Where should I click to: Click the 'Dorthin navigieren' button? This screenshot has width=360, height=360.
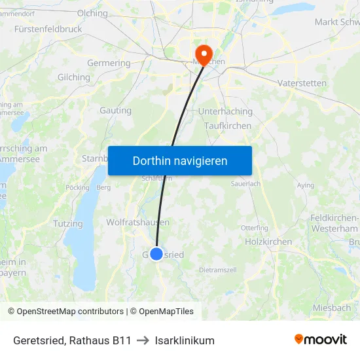(180, 160)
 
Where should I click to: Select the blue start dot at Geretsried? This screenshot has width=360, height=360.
(156, 254)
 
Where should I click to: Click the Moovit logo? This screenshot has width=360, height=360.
(320, 340)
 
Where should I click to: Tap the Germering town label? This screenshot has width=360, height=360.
(109, 63)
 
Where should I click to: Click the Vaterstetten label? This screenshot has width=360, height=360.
(302, 83)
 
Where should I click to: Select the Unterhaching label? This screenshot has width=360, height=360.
(225, 112)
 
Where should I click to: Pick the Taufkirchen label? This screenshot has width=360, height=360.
(228, 126)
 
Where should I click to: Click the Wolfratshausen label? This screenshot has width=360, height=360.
(137, 223)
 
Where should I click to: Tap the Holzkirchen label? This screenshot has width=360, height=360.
(268, 242)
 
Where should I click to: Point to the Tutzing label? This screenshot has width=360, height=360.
(69, 224)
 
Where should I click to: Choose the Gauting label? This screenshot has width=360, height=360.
(115, 111)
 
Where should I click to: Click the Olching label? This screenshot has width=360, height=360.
(92, 12)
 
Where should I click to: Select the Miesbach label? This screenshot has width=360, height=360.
(332, 308)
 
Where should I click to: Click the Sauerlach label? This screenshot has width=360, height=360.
(245, 184)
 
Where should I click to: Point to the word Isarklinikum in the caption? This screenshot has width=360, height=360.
(185, 340)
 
